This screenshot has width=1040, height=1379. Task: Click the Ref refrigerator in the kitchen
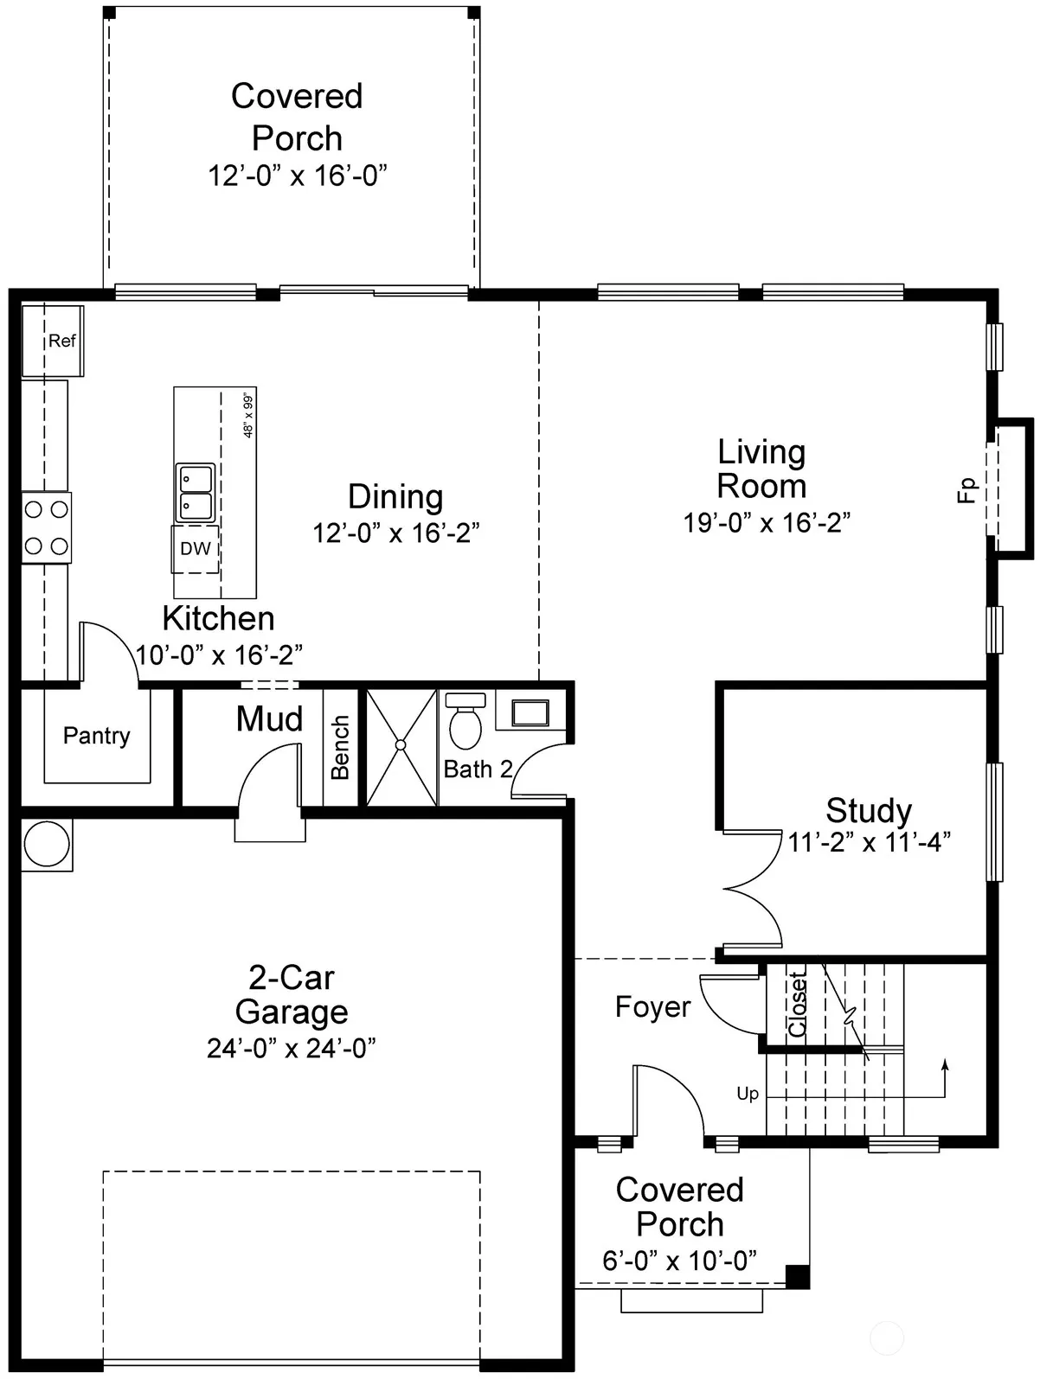[x=53, y=342]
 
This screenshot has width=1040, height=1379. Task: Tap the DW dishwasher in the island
[x=195, y=549]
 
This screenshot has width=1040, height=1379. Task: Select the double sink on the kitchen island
[x=195, y=493]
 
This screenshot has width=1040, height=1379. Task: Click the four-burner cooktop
[x=47, y=527]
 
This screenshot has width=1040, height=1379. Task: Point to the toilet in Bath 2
[x=465, y=721]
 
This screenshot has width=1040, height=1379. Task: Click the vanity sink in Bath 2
[x=530, y=712]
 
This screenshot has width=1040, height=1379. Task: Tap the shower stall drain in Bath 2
[x=401, y=745]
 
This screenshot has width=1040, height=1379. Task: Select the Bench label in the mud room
[x=340, y=747]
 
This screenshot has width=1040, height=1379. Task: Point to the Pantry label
[x=97, y=736]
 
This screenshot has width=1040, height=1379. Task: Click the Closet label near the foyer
[x=797, y=1004]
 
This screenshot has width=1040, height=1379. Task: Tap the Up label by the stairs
[x=748, y=1094]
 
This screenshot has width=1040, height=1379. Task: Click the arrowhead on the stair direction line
[x=945, y=1063]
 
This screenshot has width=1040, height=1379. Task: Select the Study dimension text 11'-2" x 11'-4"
[x=869, y=842]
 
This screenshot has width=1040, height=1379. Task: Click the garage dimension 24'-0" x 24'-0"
[x=291, y=1049]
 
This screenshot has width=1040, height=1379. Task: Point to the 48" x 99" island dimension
[x=248, y=415]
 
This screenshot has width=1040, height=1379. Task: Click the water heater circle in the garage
[x=47, y=845]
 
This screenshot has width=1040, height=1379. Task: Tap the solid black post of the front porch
[x=798, y=1277]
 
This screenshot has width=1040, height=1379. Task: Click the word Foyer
[x=652, y=1007]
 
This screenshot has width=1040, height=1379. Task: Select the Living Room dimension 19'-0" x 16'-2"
[x=767, y=523]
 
